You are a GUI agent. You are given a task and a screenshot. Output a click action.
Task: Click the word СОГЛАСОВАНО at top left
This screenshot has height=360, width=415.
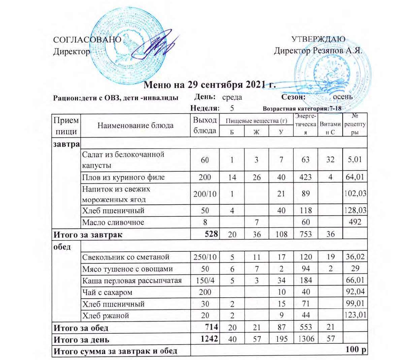coord(87,39)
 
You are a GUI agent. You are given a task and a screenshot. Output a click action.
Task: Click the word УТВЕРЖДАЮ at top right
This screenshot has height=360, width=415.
coord(318,39)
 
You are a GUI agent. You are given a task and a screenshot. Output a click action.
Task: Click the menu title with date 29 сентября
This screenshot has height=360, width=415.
coord(210,85)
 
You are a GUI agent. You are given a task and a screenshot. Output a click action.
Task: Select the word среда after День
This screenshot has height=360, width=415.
coord(232,97)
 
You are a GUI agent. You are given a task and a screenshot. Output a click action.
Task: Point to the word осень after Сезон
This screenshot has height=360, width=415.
coord(343,97)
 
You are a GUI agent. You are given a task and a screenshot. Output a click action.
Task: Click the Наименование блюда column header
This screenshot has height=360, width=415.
coord(135,126)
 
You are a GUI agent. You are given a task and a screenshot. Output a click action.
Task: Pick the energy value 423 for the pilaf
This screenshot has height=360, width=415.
coord(305,177)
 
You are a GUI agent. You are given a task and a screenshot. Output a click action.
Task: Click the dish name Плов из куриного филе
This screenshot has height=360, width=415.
coord(124,177)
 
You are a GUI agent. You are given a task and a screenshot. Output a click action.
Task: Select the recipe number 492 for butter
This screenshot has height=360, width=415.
coord(355,222)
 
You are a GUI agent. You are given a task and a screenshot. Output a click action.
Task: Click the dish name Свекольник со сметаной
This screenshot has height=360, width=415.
coord(126,257)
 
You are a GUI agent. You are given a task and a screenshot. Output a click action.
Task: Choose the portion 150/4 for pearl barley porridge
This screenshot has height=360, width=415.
coord(205,280)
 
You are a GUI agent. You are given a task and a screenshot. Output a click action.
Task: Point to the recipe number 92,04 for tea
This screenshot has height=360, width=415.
coord(355,292)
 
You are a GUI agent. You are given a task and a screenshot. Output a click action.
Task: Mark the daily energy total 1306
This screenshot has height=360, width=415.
coord(305,339)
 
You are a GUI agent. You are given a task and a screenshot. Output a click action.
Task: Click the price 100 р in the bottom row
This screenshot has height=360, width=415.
coord(356,350)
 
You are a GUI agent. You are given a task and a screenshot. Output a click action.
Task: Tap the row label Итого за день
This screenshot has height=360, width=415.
coord(82,339)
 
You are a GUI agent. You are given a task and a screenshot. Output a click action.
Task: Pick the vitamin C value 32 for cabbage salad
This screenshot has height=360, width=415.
coord(330,159)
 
